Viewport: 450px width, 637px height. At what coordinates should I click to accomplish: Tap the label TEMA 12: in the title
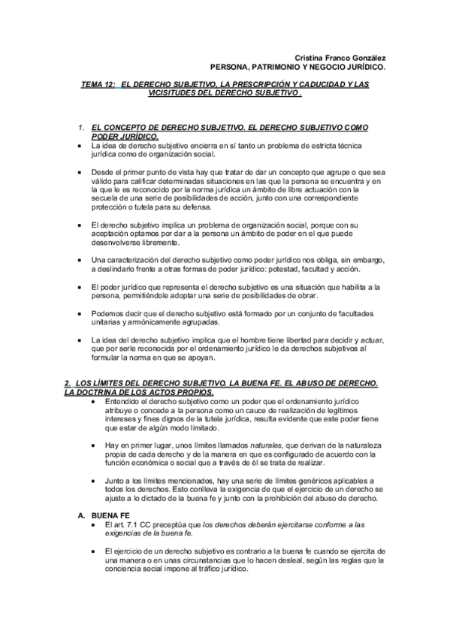click(98, 85)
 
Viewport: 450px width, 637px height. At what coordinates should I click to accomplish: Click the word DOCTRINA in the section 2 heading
click(93, 393)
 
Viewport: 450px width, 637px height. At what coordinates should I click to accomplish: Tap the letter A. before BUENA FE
click(81, 516)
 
